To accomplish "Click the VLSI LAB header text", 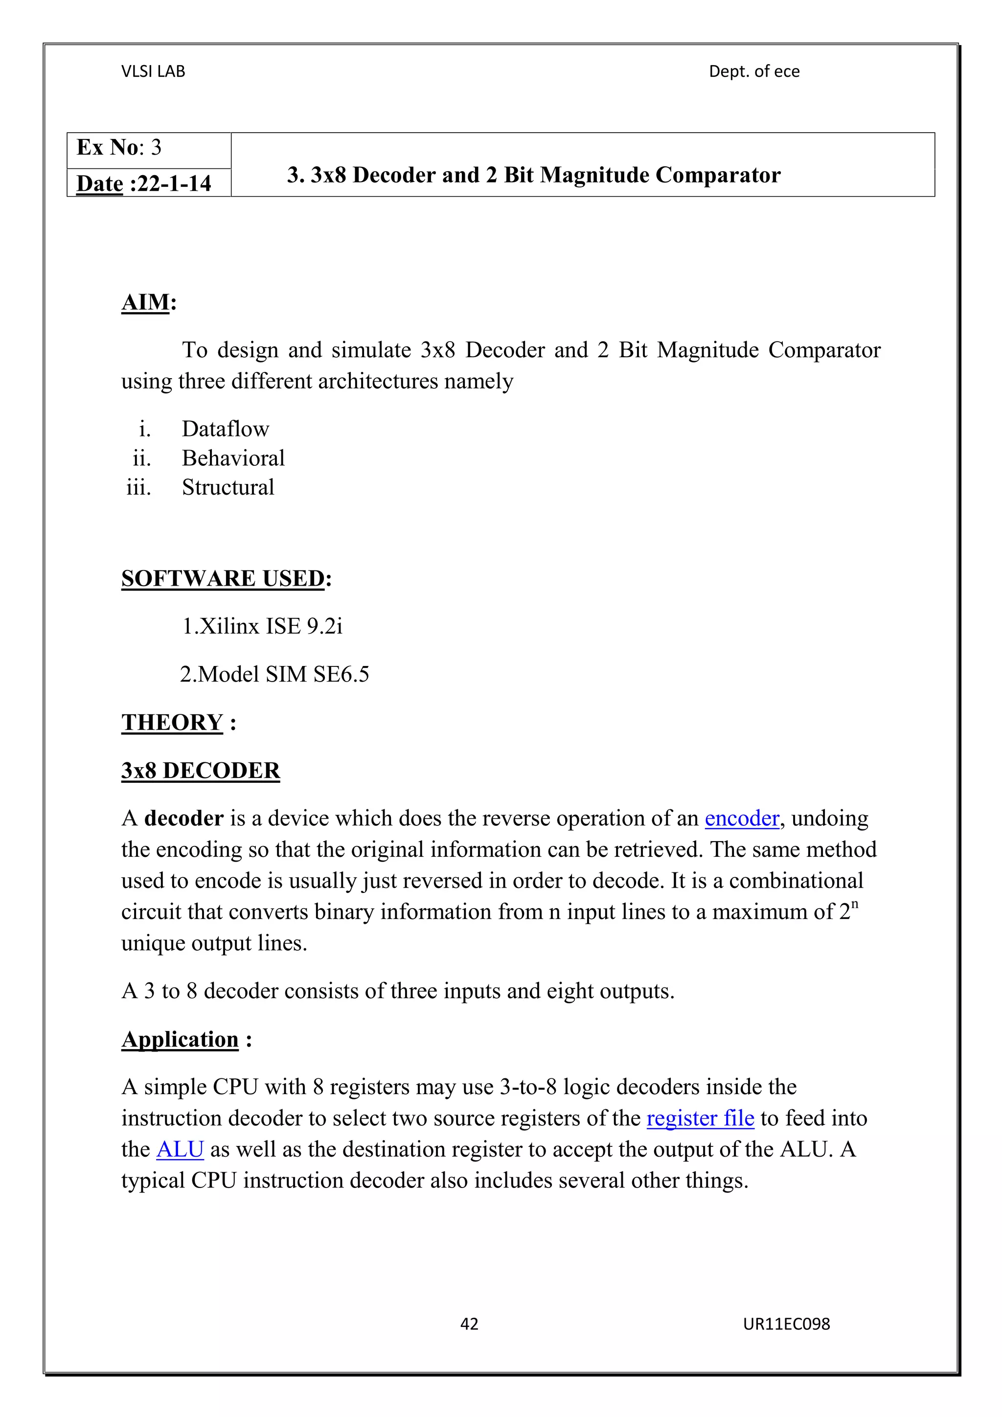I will pos(153,71).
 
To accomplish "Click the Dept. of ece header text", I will pos(754,71).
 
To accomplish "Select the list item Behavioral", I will pos(233,458).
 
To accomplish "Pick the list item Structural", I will pos(228,487).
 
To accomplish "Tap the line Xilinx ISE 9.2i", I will pos(262,626).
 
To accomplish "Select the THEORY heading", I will pos(173,723).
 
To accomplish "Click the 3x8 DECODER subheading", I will pos(201,771).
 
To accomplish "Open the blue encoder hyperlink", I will pos(742,819).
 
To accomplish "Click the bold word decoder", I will pos(183,819).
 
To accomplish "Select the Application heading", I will pos(180,1040).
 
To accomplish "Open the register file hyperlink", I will pos(700,1119).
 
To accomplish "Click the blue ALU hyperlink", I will pos(180,1149).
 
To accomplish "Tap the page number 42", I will pos(469,1324).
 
